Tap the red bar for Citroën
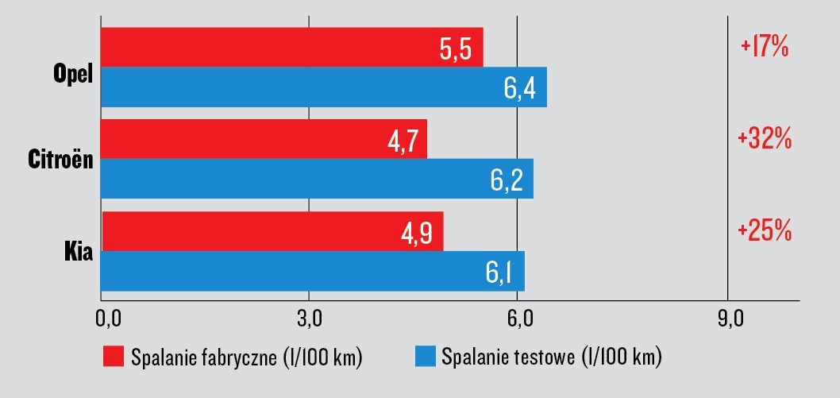(x=238, y=139)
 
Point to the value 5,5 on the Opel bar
(x=456, y=50)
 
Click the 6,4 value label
(x=519, y=89)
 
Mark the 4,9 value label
(x=418, y=234)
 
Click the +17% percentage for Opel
(x=764, y=47)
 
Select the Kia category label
(x=79, y=253)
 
